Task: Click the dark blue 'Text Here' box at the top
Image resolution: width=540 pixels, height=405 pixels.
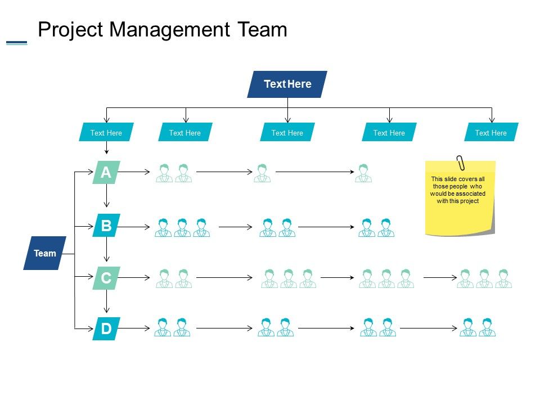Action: (287, 84)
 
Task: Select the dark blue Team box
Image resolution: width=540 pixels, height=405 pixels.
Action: (44, 253)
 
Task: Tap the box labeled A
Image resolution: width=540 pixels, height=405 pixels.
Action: (106, 173)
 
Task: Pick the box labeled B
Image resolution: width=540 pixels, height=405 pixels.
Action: (106, 226)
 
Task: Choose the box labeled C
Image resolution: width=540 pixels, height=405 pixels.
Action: (106, 278)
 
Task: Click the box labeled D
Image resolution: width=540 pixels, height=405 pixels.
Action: (106, 329)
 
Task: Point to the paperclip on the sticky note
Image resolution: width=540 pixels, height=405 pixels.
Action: (461, 162)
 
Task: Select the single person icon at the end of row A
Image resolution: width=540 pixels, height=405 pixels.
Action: (363, 173)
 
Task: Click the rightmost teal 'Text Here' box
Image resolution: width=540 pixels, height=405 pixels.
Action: (491, 133)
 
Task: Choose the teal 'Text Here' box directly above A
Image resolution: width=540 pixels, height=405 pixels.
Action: (106, 133)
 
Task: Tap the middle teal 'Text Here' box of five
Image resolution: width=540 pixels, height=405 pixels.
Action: (287, 133)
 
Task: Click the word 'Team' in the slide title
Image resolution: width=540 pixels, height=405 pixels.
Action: (261, 29)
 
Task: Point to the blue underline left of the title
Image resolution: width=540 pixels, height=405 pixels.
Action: (16, 42)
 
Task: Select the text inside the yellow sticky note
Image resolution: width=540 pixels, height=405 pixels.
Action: (457, 190)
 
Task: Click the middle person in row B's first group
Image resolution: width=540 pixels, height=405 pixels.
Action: (182, 228)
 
